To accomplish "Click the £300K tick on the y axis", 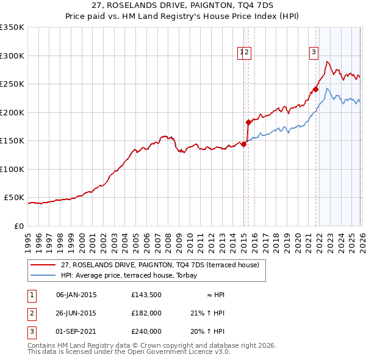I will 12,56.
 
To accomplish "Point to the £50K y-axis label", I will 14,198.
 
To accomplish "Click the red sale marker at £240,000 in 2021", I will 315,89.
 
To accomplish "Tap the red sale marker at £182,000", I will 249,122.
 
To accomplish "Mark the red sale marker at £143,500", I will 243,145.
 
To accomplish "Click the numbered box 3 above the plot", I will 314,52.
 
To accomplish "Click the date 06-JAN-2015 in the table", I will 76,295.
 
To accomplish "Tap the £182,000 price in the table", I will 146,313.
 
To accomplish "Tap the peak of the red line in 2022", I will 328,61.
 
